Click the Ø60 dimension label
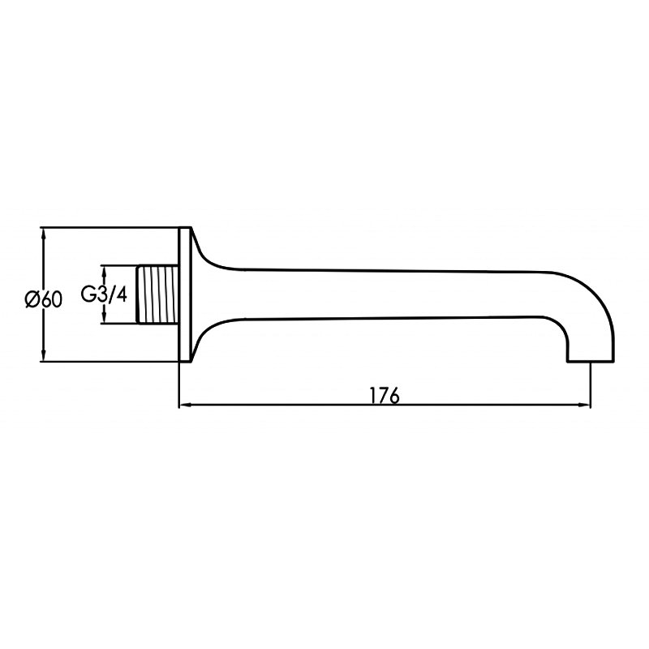click(44, 299)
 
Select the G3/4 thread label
click(104, 294)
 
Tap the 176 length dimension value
click(385, 396)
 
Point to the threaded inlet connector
click(157, 294)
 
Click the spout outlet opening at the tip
click(591, 361)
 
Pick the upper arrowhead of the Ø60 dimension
click(44, 234)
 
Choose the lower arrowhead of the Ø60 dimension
click(44, 355)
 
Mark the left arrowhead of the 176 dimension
click(186, 405)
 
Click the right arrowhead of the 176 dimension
click(582, 405)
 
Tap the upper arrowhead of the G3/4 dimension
click(105, 272)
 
